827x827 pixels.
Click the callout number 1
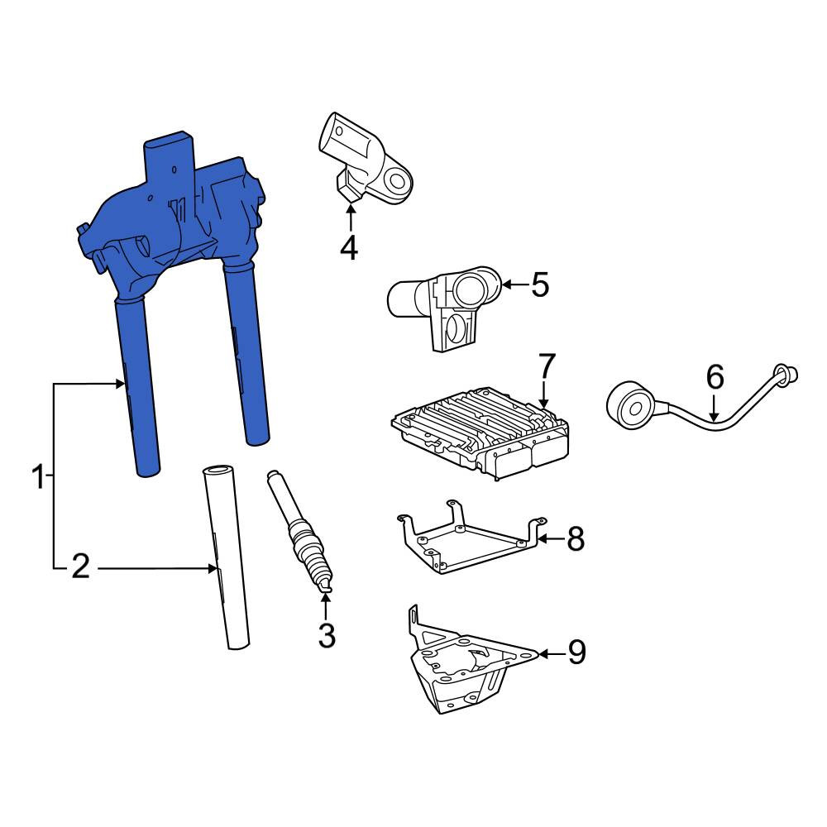(39, 477)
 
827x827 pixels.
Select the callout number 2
(80, 567)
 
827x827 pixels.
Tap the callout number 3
(327, 635)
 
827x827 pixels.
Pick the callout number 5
(539, 284)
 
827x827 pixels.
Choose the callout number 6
(715, 377)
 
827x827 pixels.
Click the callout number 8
(575, 539)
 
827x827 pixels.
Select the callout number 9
(576, 653)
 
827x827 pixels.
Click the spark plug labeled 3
(301, 532)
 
